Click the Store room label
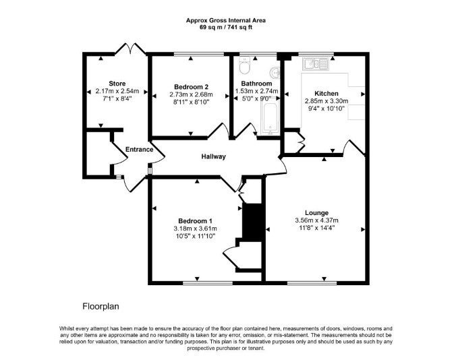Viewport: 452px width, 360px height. pyautogui.click(x=117, y=84)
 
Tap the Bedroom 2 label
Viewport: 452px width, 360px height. pyautogui.click(x=191, y=87)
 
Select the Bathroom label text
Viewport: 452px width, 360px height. pyautogui.click(x=256, y=84)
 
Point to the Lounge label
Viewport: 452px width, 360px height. pyautogui.click(x=317, y=213)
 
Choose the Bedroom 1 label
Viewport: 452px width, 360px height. pyautogui.click(x=195, y=221)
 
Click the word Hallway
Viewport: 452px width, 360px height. pyautogui.click(x=213, y=156)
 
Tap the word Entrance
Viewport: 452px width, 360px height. pyautogui.click(x=139, y=150)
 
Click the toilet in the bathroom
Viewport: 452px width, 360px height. pyautogui.click(x=245, y=65)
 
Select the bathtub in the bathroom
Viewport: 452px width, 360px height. pyautogui.click(x=270, y=118)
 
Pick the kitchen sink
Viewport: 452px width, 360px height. pyautogui.click(x=315, y=63)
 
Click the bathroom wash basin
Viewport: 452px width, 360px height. pyautogui.click(x=275, y=72)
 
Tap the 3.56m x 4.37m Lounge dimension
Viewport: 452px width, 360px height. pyautogui.click(x=316, y=220)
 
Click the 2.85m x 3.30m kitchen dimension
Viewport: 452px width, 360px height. pyautogui.click(x=327, y=101)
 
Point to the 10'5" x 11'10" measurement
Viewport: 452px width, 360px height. pyautogui.click(x=196, y=236)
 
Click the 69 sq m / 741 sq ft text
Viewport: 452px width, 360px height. pyautogui.click(x=226, y=28)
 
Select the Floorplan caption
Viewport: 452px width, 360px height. pyautogui.click(x=101, y=306)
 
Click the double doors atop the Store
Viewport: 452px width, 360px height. pyautogui.click(x=130, y=49)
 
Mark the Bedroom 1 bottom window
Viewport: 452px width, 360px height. pyautogui.click(x=208, y=283)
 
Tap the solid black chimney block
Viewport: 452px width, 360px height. pyautogui.click(x=252, y=221)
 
